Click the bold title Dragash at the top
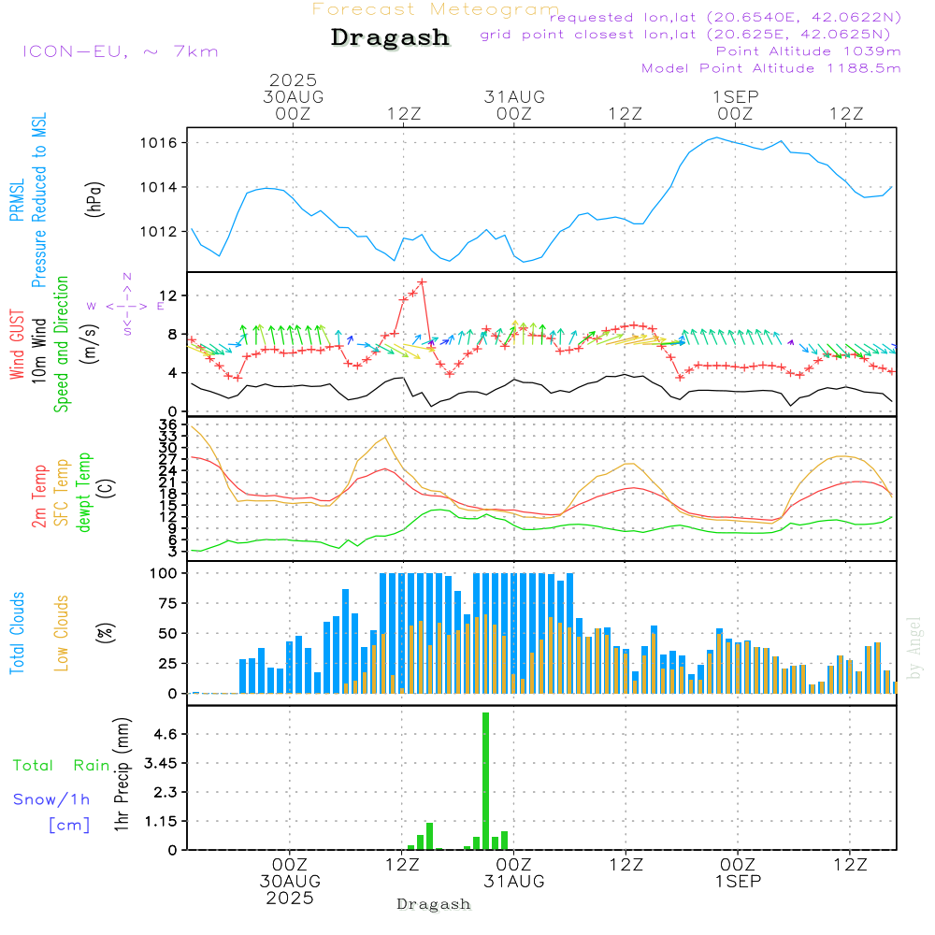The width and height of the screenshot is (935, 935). pyautogui.click(x=390, y=37)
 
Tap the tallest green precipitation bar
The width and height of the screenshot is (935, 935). pyautogui.click(x=485, y=781)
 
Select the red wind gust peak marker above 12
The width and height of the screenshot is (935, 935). pyautogui.click(x=422, y=281)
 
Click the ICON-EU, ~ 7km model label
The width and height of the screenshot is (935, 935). pyautogui.click(x=120, y=51)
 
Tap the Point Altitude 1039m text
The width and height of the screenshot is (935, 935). pyautogui.click(x=808, y=50)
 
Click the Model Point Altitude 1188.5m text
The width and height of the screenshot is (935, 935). pyautogui.click(x=771, y=67)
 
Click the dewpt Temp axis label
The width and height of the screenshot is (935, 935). pyautogui.click(x=84, y=493)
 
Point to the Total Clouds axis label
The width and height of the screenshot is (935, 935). pyautogui.click(x=17, y=633)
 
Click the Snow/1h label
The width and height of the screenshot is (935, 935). pyautogui.click(x=51, y=799)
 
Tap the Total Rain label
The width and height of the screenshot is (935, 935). pyautogui.click(x=62, y=765)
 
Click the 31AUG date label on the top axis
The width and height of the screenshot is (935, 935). pyautogui.click(x=514, y=96)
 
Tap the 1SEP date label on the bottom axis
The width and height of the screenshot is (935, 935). pyautogui.click(x=738, y=881)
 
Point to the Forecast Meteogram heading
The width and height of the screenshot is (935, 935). pyautogui.click(x=436, y=9)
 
